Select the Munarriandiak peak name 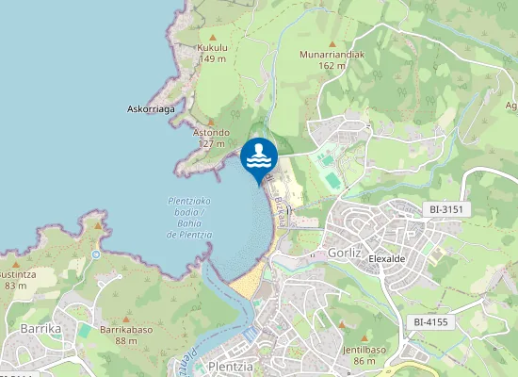pyautogui.click(x=332, y=55)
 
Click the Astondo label pyautogui.click(x=211, y=133)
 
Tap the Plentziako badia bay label pyautogui.click(x=189, y=217)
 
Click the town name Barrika pyautogui.click(x=40, y=328)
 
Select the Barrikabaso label pyautogui.click(x=126, y=330)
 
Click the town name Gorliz pyautogui.click(x=345, y=254)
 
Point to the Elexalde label pyautogui.click(x=387, y=255)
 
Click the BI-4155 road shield pyautogui.click(x=431, y=322)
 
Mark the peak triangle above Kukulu pyautogui.click(x=213, y=34)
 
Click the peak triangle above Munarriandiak pyautogui.click(x=332, y=42)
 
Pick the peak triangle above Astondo pyautogui.click(x=211, y=122)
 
